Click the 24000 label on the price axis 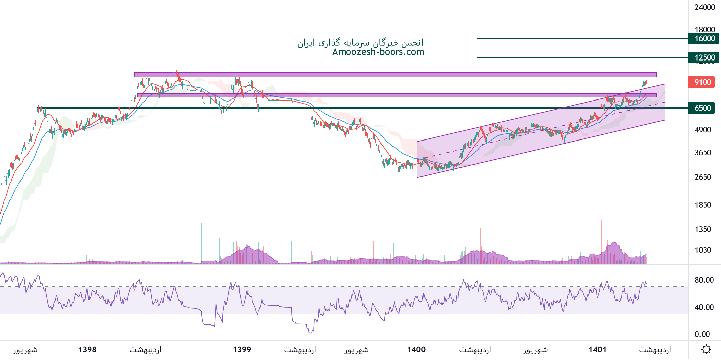705,7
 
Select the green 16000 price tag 703,38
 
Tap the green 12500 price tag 703,57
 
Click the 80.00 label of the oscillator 704,280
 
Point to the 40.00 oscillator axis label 704,307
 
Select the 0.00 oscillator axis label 702,334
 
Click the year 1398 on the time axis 87,350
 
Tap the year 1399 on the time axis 242,350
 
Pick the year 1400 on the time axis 416,350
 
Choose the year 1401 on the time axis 597,350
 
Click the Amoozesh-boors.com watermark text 378,52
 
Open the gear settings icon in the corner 706,350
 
